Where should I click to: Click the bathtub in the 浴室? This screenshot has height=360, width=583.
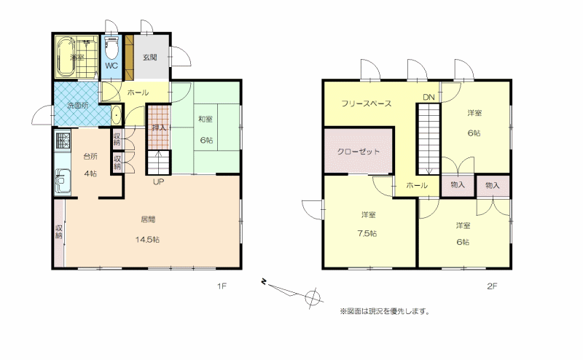coord(66,57)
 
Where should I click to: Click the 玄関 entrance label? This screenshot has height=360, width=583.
coord(150,58)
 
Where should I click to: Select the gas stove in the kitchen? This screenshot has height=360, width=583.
coord(63,140)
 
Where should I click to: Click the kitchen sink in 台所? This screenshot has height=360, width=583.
coord(63,181)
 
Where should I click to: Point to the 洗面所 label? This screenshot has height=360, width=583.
coord(78,105)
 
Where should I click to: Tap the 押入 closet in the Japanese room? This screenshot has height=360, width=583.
coord(159,128)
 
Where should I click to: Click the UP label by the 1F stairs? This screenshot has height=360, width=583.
coord(158,182)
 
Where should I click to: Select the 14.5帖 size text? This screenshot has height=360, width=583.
coord(147,240)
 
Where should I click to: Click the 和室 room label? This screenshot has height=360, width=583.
coord(206,119)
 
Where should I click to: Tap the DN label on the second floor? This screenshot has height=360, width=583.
coord(429,98)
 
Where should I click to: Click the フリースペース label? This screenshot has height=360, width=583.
coord(367,103)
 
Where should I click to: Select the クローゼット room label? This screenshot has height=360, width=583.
coord(359,152)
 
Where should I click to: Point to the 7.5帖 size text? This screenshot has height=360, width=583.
coord(367,233)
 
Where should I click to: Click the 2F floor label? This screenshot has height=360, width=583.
coord(492,286)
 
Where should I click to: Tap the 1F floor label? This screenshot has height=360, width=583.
coord(222,286)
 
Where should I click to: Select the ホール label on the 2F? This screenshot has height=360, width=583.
coord(417,185)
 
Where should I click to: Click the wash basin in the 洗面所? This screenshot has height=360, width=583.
coord(117,116)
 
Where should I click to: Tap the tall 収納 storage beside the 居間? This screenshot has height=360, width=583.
coord(59,233)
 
